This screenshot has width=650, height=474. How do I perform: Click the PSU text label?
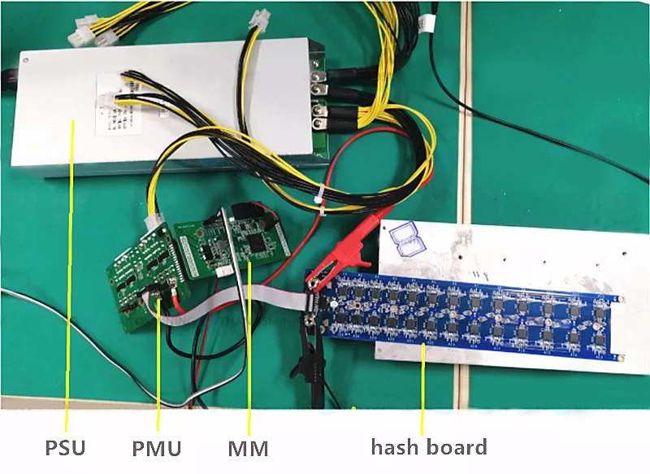[x=64, y=446]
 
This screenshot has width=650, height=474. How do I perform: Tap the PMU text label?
[x=157, y=446]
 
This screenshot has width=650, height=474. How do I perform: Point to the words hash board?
[x=429, y=446]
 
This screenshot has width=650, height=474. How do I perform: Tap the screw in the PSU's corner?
[x=28, y=60]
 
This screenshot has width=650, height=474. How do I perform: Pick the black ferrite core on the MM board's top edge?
[x=258, y=210]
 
